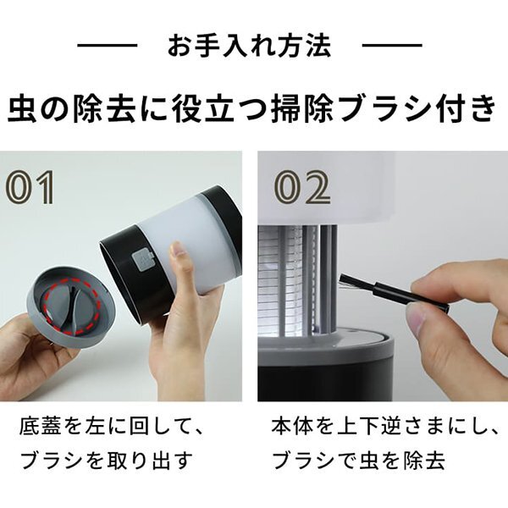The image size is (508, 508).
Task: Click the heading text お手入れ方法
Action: pos(249,46)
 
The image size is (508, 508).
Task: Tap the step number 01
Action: pos(30,187)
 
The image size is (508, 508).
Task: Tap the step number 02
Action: pos(302,187)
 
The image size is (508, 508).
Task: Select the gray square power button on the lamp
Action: pos(142,259)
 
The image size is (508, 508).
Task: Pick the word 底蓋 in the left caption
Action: pos(40,426)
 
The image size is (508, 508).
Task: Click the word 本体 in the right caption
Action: pos(292,426)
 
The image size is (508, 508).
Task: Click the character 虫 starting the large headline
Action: pos(22,108)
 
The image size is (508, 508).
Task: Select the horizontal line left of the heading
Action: pos(108,46)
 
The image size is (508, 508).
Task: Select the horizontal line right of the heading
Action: pos(392,46)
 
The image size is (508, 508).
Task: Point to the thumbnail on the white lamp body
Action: pos(176,250)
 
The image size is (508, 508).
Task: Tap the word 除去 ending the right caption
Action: pos(424,460)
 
